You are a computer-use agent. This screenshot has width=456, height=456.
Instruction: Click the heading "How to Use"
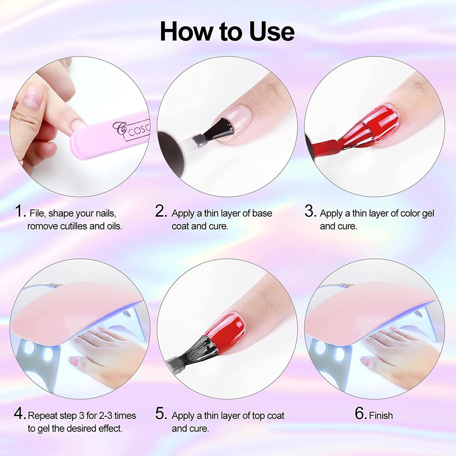pyautogui.click(x=227, y=32)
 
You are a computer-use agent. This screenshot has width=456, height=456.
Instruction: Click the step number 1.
pyautogui.click(x=20, y=211)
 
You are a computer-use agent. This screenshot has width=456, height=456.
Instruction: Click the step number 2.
pyautogui.click(x=161, y=211)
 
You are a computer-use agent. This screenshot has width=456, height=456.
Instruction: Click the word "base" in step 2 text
pyautogui.click(x=262, y=213)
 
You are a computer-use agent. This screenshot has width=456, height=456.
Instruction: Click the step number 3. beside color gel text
pyautogui.click(x=310, y=211)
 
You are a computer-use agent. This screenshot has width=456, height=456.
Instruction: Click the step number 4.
pyautogui.click(x=20, y=414)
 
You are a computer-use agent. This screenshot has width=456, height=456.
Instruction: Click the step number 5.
pyautogui.click(x=161, y=414)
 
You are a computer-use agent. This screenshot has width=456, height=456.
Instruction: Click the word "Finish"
pyautogui.click(x=381, y=415)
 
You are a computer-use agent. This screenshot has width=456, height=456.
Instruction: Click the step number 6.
pyautogui.click(x=360, y=414)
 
